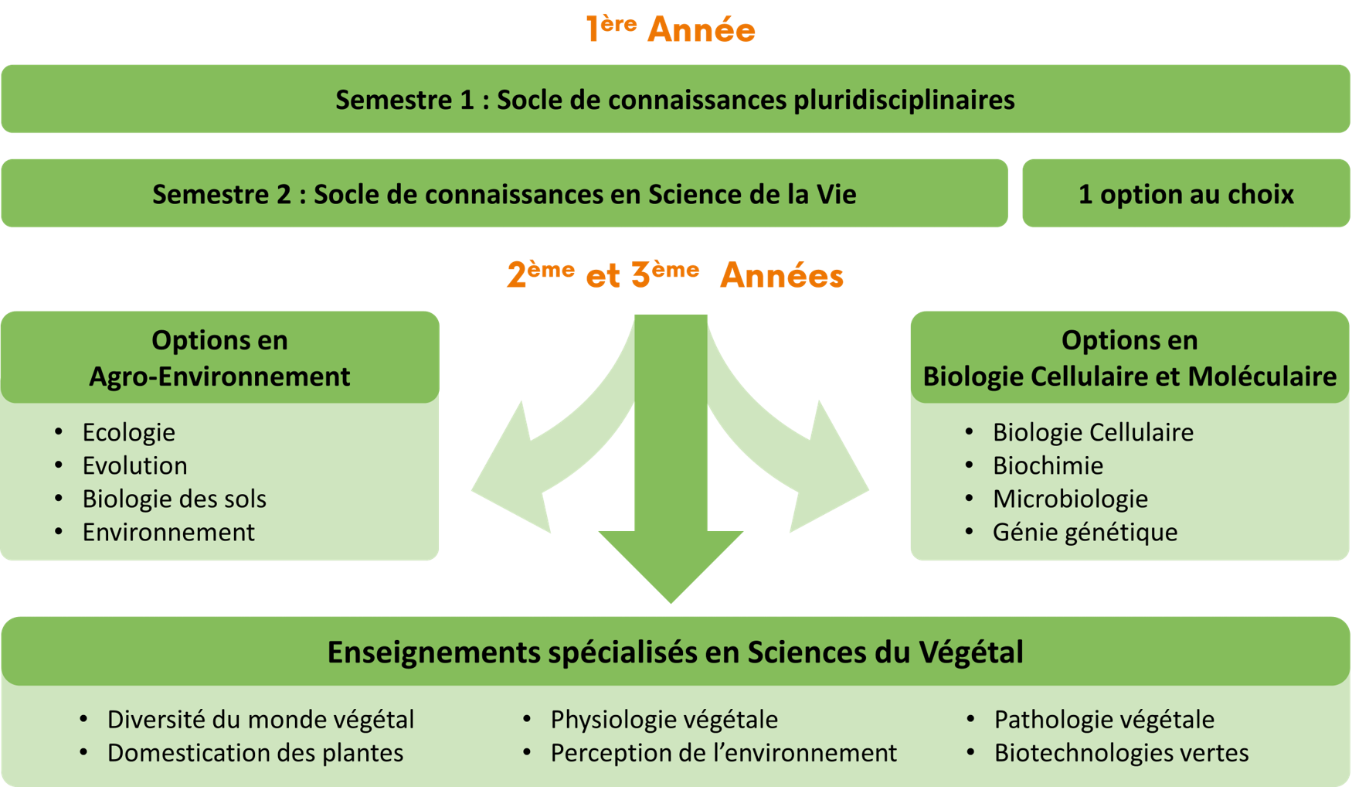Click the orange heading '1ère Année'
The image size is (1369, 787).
[x=671, y=29]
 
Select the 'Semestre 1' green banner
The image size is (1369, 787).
[x=675, y=100]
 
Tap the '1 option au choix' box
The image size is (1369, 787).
[x=1186, y=194]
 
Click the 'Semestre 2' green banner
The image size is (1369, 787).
[x=504, y=194]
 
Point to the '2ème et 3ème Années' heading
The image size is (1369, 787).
[x=675, y=275]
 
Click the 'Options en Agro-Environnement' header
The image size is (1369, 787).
[x=219, y=358]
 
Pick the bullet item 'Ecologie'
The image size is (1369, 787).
[x=129, y=432]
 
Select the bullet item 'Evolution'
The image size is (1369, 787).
[x=135, y=465]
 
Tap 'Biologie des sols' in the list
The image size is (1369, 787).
[x=174, y=499]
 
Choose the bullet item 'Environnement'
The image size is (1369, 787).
[x=168, y=532]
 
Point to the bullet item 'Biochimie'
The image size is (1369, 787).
[x=1048, y=465]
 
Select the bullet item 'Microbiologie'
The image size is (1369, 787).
[x=1070, y=499]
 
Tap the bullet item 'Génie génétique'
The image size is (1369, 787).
[x=1085, y=532]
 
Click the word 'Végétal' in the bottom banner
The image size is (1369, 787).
[x=971, y=652]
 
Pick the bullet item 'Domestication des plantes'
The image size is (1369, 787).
[x=255, y=753]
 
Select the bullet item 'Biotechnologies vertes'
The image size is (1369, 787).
[x=1121, y=753]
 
